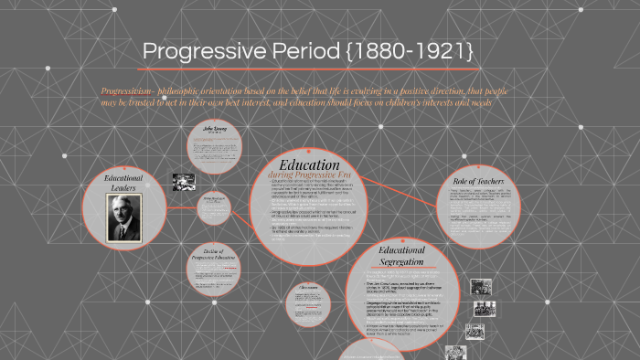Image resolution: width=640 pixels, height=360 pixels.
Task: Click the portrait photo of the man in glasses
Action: pyautogui.click(x=125, y=217)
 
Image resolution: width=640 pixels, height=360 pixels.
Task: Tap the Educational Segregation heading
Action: pyautogui.click(x=401, y=255)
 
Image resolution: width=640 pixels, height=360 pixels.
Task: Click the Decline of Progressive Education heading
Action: pyautogui.click(x=215, y=256)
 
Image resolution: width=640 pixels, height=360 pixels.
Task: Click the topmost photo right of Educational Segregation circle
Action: pyautogui.click(x=481, y=286)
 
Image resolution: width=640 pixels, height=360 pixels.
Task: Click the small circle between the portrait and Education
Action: pyautogui.click(x=214, y=208)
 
